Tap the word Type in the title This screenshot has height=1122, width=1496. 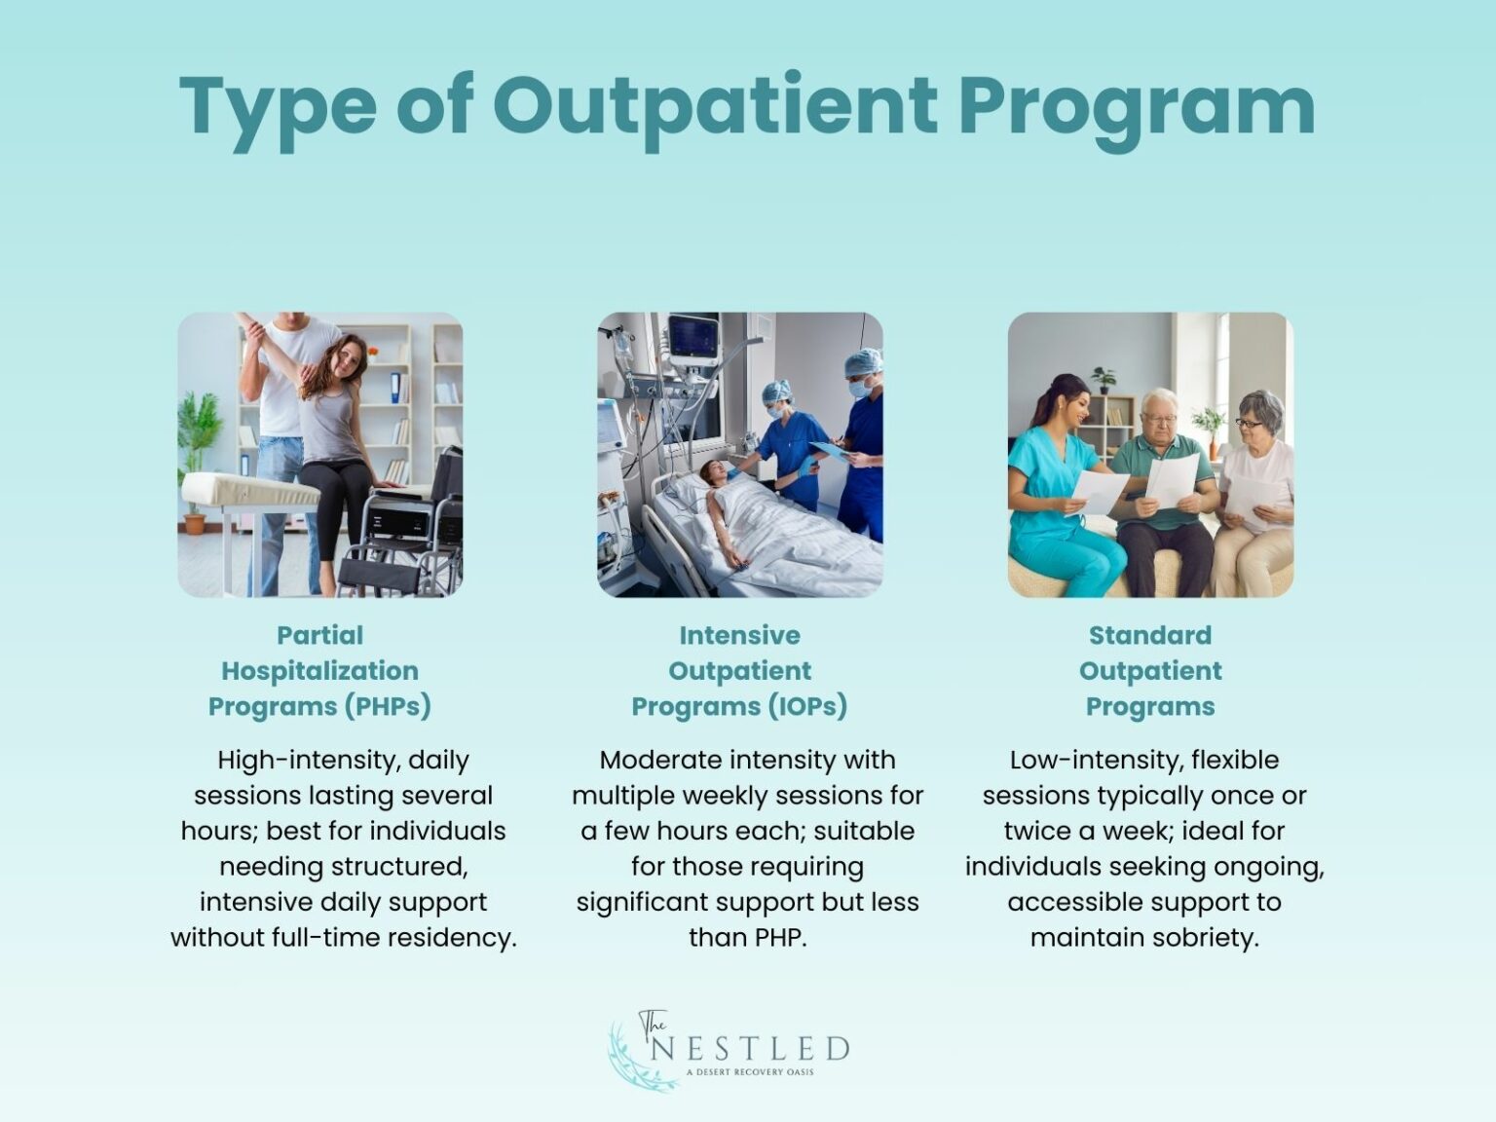[278, 107]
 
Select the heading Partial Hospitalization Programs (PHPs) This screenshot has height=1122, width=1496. [319, 671]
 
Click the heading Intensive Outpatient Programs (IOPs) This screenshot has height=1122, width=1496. [739, 671]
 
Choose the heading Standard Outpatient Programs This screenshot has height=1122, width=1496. [1150, 671]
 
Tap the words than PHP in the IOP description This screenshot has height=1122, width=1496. [747, 938]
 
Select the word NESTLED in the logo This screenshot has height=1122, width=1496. [750, 1049]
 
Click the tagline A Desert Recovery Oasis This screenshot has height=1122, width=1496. [750, 1072]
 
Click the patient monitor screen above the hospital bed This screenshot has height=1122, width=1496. [692, 336]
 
